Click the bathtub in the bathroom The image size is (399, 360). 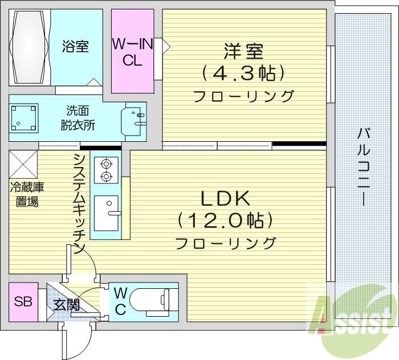click(28, 48)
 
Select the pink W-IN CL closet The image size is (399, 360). click(132, 51)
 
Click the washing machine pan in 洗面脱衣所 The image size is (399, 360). click(23, 117)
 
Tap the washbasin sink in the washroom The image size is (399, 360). click(135, 119)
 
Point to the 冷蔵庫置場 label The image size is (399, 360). click(26, 194)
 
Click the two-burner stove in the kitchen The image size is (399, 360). click(106, 170)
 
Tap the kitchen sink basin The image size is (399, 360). click(106, 212)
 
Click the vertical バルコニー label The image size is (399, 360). click(363, 166)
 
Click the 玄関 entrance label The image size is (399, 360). click(67, 304)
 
